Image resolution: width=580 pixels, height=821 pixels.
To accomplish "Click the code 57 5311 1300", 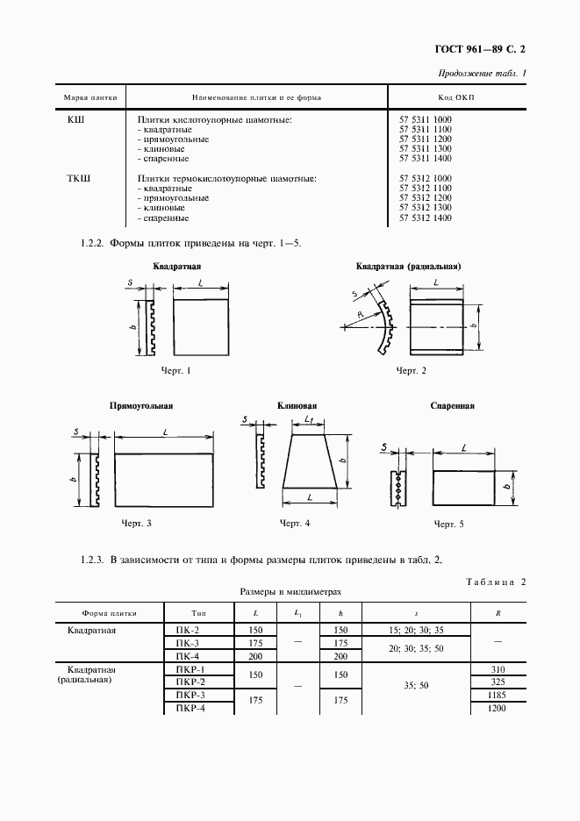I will pyautogui.click(x=425, y=149).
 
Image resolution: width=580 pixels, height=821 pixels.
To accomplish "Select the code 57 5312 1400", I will pyautogui.click(x=425, y=218).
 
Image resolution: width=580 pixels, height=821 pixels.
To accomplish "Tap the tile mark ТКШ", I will pyautogui.click(x=80, y=179).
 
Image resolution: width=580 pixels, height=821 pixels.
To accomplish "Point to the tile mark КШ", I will pyautogui.click(x=76, y=119).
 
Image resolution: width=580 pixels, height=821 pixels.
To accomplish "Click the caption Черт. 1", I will pyautogui.click(x=176, y=371).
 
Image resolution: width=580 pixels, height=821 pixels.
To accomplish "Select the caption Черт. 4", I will pyautogui.click(x=295, y=524).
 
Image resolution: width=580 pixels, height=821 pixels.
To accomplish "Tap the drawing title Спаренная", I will pyautogui.click(x=452, y=406).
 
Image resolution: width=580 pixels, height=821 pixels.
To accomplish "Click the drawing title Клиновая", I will pyautogui.click(x=297, y=406).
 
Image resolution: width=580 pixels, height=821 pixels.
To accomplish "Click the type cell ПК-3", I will pyautogui.click(x=188, y=643).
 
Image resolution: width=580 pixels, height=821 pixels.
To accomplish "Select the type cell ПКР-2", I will pyautogui.click(x=190, y=682).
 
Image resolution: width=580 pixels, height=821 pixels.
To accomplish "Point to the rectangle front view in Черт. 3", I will pyautogui.click(x=164, y=480).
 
